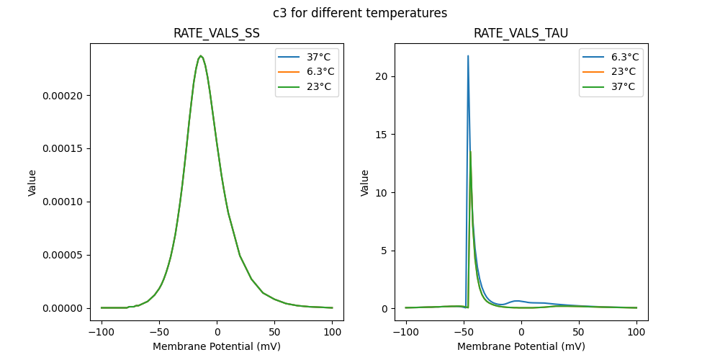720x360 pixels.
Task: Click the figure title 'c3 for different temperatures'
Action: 360,13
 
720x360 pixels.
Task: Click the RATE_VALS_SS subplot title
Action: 217,34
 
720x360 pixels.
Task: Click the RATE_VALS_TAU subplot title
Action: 521,34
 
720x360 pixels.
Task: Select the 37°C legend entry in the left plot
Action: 310,58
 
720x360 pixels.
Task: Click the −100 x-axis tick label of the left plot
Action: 102,333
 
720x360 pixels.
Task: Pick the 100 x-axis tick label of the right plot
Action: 636,333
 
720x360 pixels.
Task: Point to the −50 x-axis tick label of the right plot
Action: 464,333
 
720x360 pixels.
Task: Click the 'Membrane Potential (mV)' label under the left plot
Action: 217,346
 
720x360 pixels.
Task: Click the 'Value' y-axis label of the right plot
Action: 365,182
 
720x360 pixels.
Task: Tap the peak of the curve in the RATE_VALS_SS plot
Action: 201,56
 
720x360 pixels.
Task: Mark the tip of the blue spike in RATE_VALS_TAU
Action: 468,56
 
